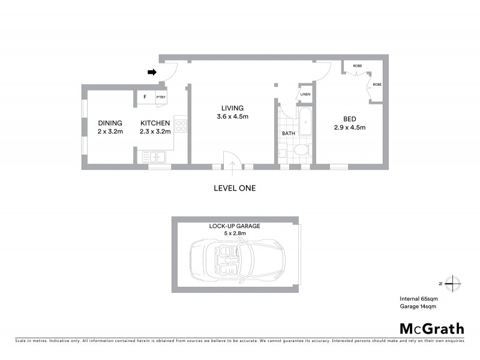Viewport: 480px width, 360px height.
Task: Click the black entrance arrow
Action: pyautogui.click(x=152, y=73)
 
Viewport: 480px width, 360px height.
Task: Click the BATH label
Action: pyautogui.click(x=289, y=133)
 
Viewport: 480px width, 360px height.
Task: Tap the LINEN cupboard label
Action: pyautogui.click(x=305, y=94)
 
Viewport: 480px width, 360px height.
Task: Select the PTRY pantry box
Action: pyautogui.click(x=161, y=97)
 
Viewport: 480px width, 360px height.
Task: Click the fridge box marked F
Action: pyautogui.click(x=145, y=97)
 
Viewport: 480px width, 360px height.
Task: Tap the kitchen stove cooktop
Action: pyautogui.click(x=181, y=126)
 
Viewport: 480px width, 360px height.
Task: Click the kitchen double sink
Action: pyautogui.click(x=154, y=157)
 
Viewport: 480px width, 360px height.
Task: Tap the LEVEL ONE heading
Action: pyautogui.click(x=235, y=188)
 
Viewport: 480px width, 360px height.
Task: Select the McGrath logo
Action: pyautogui.click(x=431, y=328)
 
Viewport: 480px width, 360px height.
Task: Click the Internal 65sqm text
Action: pyautogui.click(x=418, y=298)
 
